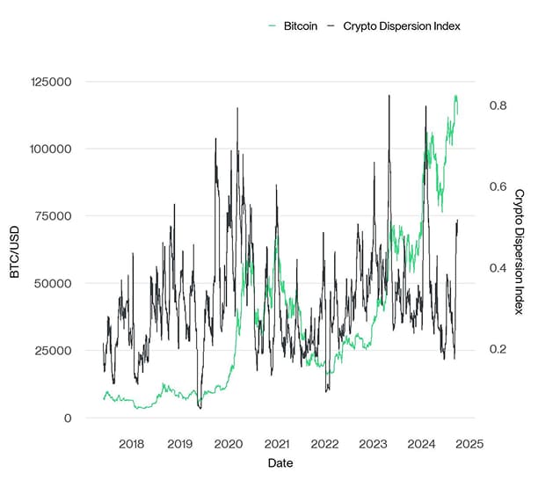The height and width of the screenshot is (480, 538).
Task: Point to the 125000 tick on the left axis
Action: [51, 82]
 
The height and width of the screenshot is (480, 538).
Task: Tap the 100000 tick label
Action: [51, 149]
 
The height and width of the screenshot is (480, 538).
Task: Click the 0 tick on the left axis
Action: [68, 418]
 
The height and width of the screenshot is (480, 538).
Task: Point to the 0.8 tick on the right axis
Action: [498, 105]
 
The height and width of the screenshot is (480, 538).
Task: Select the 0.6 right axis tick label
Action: [498, 186]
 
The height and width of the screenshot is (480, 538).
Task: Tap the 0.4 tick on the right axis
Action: [498, 267]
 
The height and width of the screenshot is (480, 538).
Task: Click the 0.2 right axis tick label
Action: [498, 349]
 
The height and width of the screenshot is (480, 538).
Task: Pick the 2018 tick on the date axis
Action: [131, 444]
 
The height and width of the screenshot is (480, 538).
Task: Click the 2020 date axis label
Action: [229, 444]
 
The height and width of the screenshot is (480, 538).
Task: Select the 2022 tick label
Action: [324, 444]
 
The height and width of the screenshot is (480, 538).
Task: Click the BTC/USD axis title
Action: [15, 250]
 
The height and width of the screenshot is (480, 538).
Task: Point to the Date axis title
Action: [280, 462]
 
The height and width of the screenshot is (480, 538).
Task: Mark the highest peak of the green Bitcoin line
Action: [455, 96]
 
